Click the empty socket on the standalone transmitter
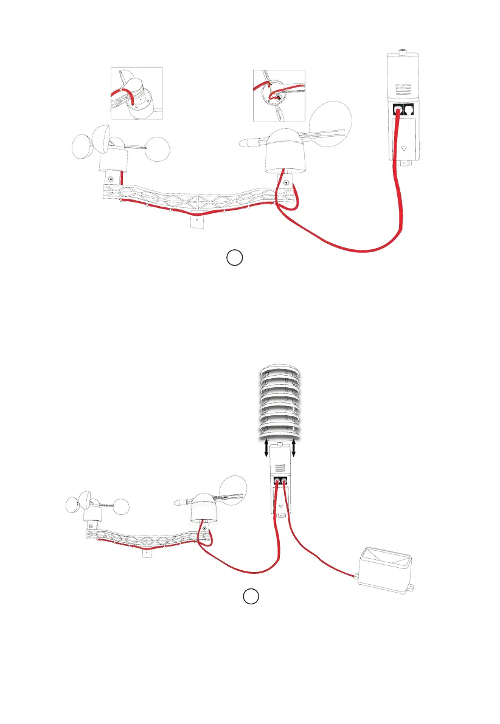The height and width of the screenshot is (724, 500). click(409, 109)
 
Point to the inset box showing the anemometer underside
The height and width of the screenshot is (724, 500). click(136, 94)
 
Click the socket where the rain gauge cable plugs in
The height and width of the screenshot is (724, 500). click(285, 483)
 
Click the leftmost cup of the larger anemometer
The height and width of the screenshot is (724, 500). click(84, 146)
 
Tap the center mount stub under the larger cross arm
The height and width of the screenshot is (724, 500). click(196, 223)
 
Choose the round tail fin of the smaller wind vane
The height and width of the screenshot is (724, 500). click(235, 491)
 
